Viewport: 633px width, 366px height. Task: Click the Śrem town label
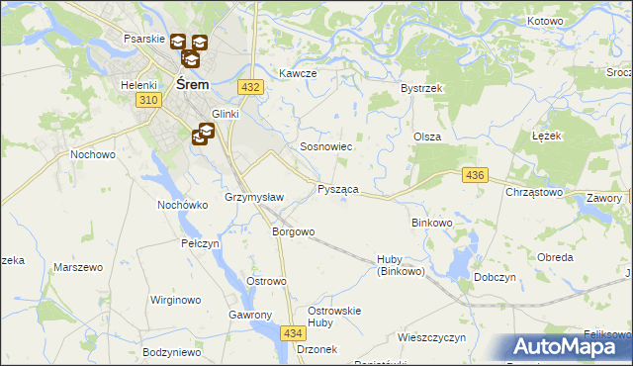[x=191, y=85]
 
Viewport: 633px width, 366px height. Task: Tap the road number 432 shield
[x=250, y=87]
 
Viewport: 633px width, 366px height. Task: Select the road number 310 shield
[x=149, y=101]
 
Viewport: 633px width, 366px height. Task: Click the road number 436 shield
[x=475, y=175]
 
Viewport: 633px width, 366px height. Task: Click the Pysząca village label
[x=337, y=188]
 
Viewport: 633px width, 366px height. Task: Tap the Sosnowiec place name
[x=326, y=146]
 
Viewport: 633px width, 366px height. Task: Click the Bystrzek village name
[x=420, y=88]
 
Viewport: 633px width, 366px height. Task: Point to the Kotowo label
[x=545, y=21]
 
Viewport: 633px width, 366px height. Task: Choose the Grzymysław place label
[x=255, y=197]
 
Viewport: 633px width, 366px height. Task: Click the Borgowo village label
[x=293, y=232]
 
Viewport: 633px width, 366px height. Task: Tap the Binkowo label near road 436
[x=431, y=224]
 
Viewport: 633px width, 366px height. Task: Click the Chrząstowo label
[x=534, y=192]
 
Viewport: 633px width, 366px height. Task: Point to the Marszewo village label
[x=79, y=267]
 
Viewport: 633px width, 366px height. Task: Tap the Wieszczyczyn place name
[x=431, y=337]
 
